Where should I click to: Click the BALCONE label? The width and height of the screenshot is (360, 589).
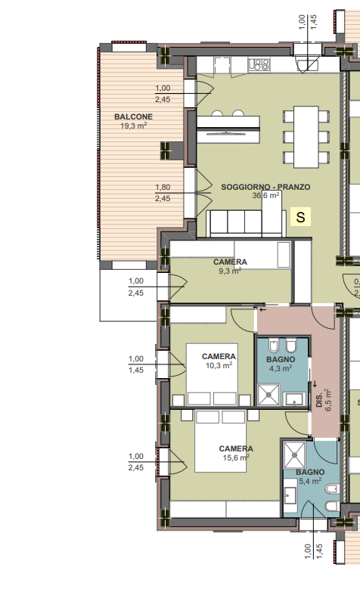133,117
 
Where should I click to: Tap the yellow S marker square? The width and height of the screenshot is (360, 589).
300,217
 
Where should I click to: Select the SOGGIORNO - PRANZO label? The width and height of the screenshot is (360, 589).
265,187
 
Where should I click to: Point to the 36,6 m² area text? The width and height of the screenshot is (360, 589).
265,195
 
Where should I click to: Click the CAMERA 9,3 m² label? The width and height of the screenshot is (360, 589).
230,266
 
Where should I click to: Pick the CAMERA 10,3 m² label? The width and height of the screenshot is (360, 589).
219,361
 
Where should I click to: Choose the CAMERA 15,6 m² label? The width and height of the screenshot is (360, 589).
236,453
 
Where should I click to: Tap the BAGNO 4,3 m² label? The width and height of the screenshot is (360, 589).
281,364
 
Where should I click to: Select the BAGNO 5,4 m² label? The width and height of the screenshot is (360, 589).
310,476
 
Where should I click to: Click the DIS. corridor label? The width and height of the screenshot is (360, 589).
319,401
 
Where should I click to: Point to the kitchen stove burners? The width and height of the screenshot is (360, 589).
260,64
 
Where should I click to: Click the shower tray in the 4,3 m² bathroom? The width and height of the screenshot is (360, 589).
268,395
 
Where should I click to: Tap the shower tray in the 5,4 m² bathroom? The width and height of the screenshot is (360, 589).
294,454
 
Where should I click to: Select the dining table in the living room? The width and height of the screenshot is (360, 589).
306,137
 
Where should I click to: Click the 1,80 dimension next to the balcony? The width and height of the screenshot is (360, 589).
163,187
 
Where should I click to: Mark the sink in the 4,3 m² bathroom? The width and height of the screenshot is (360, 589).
294,399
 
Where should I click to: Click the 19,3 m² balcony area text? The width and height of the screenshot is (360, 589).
133,126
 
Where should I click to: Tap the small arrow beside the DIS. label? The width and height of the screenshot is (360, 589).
315,384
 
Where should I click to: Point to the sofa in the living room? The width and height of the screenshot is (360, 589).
246,224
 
